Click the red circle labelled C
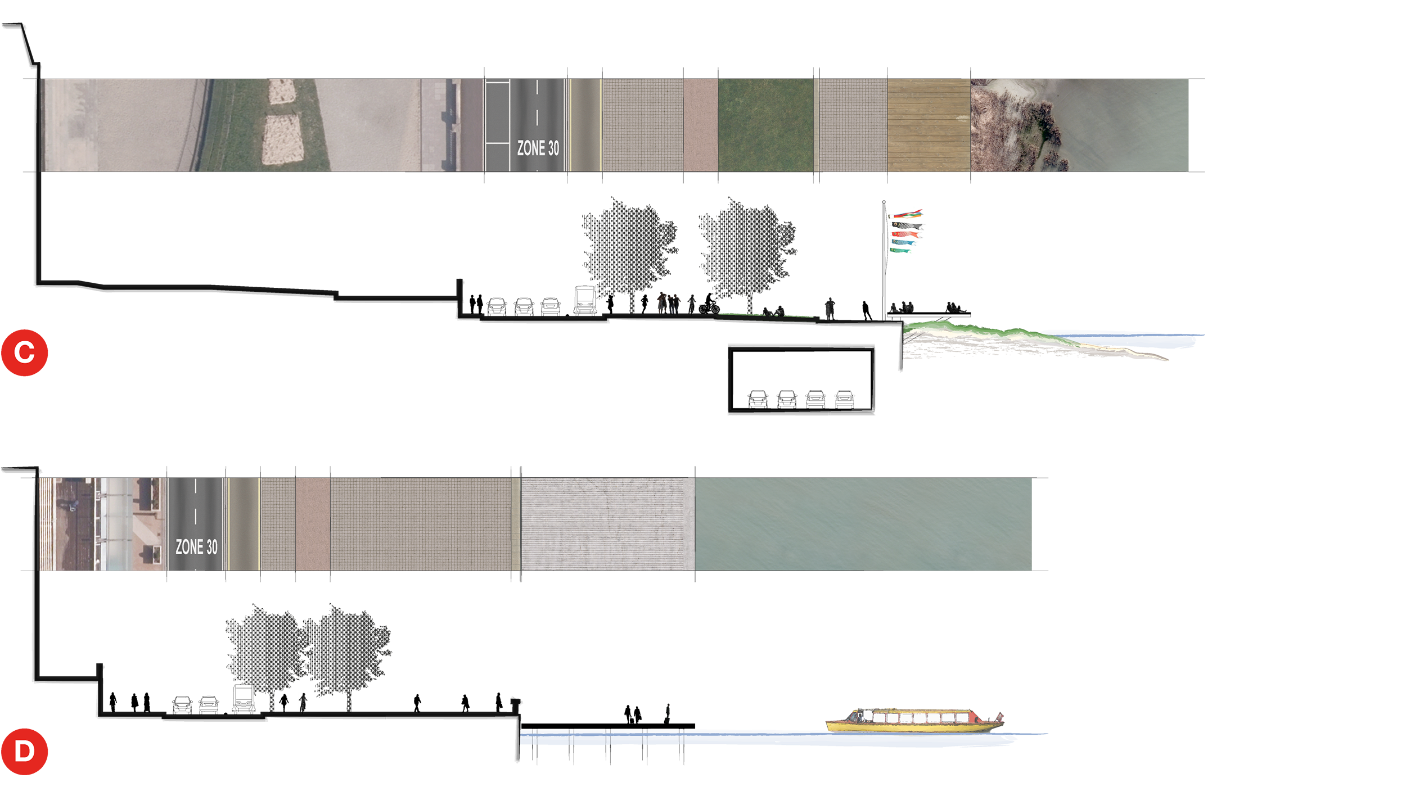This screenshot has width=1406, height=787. [24, 353]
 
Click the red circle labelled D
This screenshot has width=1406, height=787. [24, 752]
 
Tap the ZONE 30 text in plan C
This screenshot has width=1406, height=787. [538, 148]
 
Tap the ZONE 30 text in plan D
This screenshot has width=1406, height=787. [196, 547]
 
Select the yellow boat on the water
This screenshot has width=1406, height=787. [914, 720]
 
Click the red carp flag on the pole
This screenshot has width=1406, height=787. [904, 233]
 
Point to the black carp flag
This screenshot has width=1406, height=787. [905, 226]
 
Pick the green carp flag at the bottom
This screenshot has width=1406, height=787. [900, 250]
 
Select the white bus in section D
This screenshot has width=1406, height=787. [244, 699]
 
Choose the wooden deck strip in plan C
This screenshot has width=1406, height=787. [929, 125]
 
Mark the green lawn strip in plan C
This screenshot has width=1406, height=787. [765, 125]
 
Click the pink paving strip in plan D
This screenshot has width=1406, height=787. [313, 524]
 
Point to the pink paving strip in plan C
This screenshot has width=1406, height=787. [700, 125]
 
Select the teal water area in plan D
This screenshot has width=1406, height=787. [863, 524]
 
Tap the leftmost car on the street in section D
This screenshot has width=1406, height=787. [182, 705]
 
